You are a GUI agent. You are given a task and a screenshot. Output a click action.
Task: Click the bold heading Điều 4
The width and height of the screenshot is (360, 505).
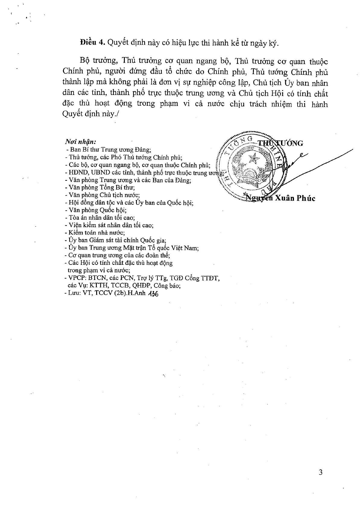point(92,43)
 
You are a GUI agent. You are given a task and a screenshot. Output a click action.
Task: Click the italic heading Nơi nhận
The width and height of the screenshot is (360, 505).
point(81,142)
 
